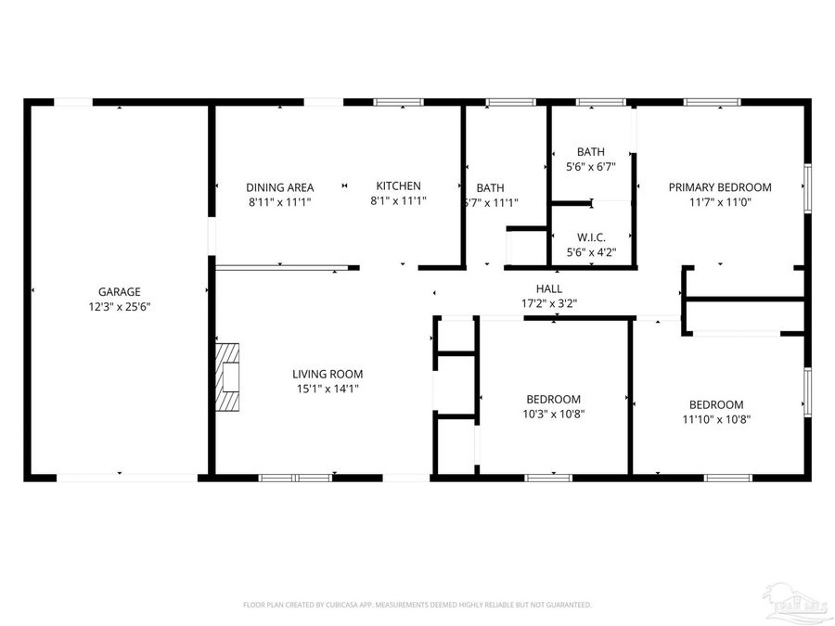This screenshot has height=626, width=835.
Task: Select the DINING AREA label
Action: [279, 186]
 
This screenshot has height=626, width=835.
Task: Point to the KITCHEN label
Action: [398, 185]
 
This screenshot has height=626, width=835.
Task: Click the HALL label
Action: [549, 288]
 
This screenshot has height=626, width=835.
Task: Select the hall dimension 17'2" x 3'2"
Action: [549, 303]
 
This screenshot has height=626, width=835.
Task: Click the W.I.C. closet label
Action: [591, 236]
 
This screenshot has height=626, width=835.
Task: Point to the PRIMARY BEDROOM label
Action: [720, 186]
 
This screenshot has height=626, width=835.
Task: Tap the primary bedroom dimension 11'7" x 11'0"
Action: [720, 201]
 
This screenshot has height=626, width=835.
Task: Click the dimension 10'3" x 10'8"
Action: [553, 415]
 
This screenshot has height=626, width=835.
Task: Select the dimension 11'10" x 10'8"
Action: [716, 419]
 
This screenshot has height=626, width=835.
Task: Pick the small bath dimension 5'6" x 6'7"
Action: [591, 167]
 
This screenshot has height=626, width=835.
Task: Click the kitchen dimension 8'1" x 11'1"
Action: [398, 200]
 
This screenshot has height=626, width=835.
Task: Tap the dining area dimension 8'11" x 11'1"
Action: [279, 201]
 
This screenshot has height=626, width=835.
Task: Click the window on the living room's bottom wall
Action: [295, 478]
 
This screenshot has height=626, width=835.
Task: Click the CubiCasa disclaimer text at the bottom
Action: [417, 605]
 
